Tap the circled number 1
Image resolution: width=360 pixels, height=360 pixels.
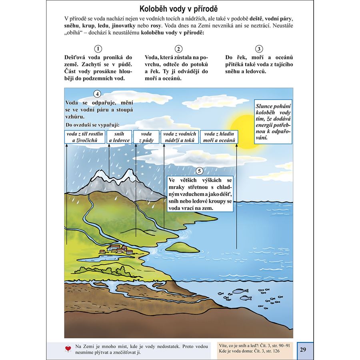coord(97,49)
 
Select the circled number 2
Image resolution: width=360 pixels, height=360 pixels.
coord(179,49)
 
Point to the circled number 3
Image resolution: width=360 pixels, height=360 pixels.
coord(259,49)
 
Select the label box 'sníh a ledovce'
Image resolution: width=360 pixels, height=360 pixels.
coord(119,137)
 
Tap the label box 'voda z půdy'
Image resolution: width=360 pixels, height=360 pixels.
coord(146,137)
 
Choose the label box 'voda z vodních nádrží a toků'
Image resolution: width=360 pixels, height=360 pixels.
coord(179,137)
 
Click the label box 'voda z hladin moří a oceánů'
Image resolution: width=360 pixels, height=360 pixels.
coord(219,137)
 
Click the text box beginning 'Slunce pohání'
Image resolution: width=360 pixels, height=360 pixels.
coord(273,122)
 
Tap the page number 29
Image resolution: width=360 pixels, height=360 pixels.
coord(302,350)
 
